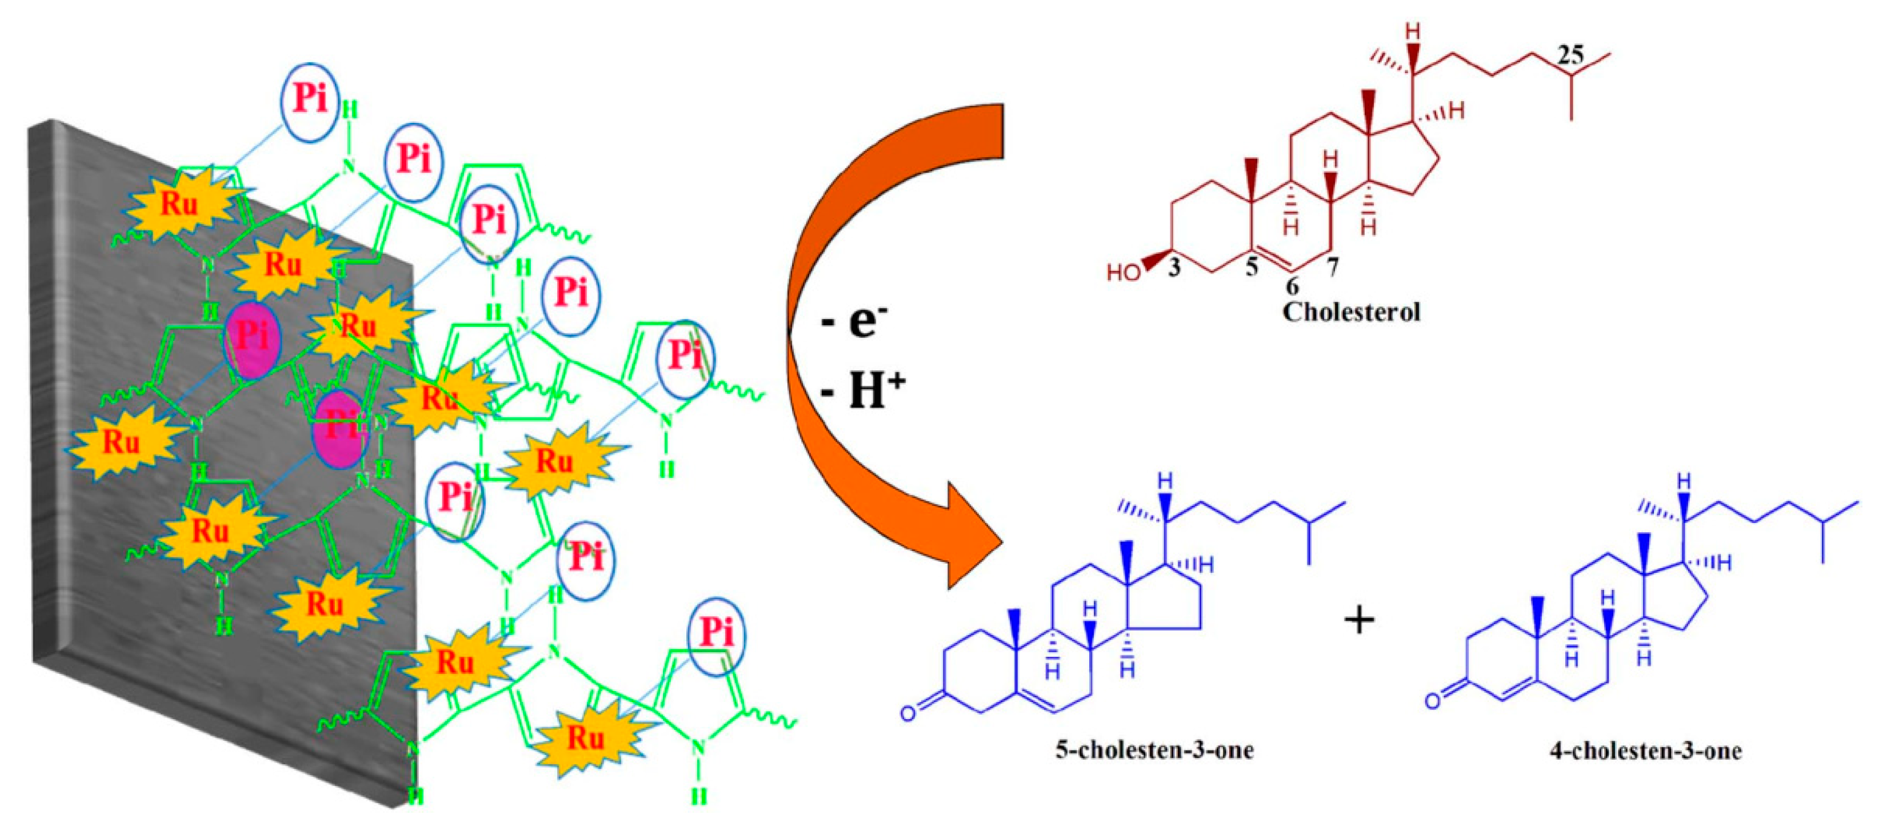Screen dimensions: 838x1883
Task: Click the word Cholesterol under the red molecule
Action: [x=1351, y=312]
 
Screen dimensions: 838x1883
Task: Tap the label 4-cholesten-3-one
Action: [x=1645, y=751]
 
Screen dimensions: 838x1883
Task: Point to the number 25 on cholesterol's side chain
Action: [x=1569, y=55]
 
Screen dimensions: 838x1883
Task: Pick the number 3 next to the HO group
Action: [x=1173, y=268]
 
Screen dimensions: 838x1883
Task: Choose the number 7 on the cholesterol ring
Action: [x=1333, y=267]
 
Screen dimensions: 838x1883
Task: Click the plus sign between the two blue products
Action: [x=1360, y=621]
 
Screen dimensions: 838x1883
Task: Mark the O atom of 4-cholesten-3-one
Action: [x=1433, y=701]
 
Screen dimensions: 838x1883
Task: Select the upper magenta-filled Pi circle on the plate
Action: [x=251, y=338]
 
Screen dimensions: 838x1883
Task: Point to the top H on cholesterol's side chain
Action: [x=1414, y=31]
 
